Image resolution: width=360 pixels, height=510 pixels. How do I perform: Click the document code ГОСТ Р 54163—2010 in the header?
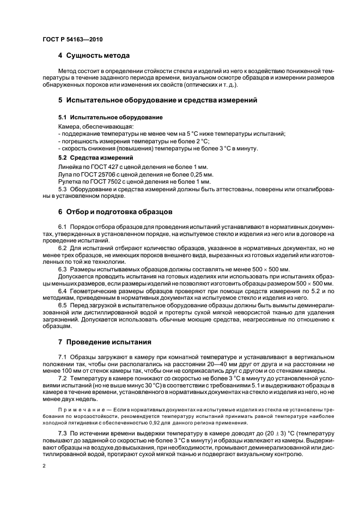[71, 40]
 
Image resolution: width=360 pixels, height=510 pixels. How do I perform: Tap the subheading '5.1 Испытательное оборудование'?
[110, 117]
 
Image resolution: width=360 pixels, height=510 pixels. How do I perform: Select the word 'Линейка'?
[70, 166]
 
